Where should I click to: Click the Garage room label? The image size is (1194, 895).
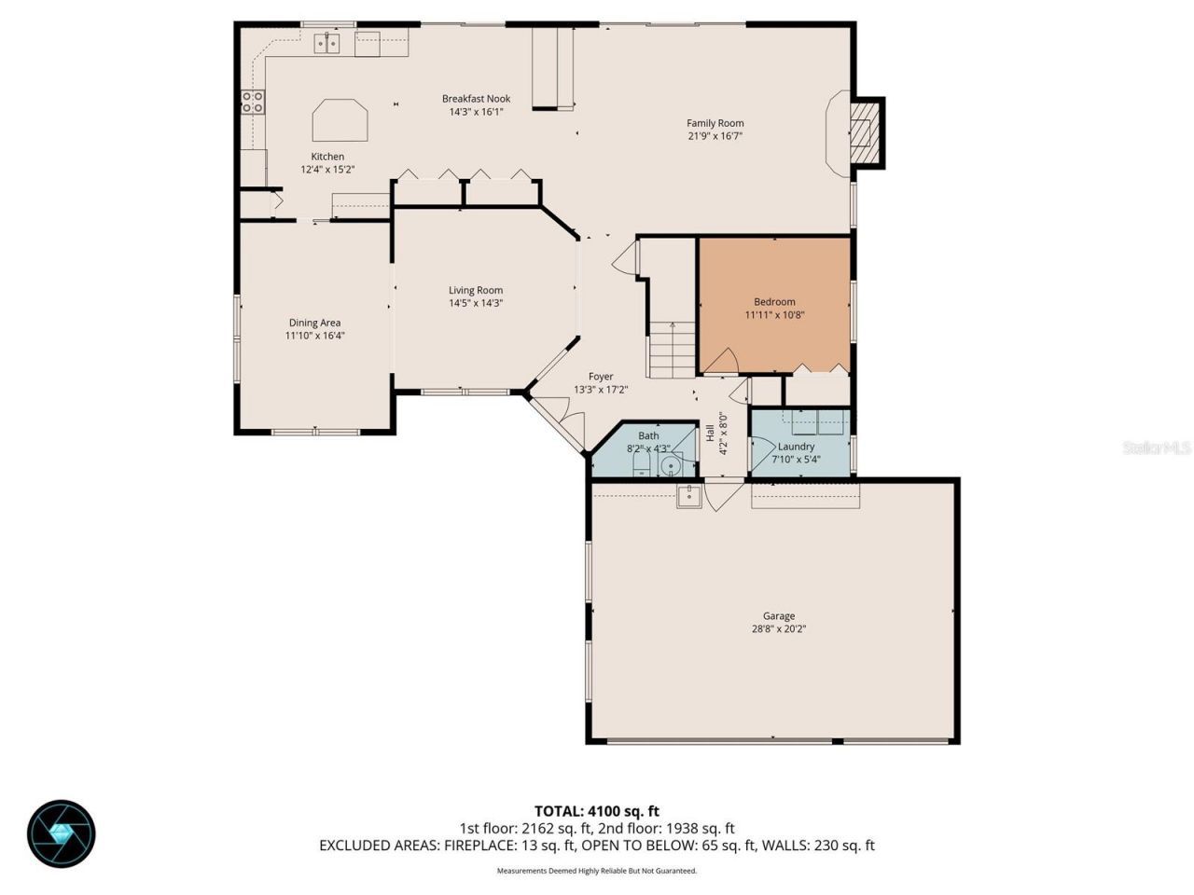coord(778,615)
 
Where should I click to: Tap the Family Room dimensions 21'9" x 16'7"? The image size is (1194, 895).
coord(715,136)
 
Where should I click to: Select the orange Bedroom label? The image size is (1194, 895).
coord(774,301)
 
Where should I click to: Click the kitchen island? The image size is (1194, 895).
coord(340,120)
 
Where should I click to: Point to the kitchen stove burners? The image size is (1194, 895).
coord(252,102)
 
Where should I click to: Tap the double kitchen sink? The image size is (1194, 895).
coord(326,42)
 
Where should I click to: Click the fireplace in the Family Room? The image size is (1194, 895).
coord(862,133)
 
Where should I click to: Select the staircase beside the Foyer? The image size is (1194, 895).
coord(672,349)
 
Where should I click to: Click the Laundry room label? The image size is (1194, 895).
coord(796,447)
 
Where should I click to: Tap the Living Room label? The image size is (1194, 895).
coord(476,290)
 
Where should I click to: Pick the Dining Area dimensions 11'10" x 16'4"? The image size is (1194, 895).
coord(315,336)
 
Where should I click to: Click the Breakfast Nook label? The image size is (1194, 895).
coord(476,98)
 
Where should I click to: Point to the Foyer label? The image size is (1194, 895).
coord(601,377)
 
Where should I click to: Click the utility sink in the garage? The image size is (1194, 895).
coord(689,497)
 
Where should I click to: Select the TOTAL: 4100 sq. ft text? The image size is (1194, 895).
coord(597,811)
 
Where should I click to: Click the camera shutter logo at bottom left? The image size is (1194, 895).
coord(62,833)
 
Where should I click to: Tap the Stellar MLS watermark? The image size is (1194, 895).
coord(1156,448)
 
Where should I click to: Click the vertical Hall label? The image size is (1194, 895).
coord(710,433)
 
